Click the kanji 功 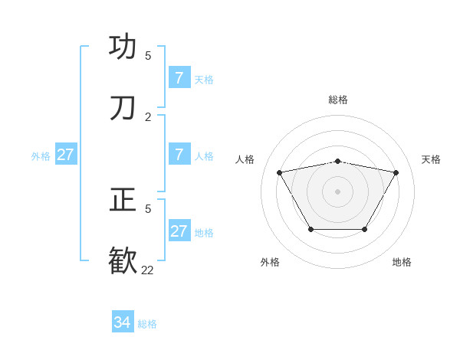123,47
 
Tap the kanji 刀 123,108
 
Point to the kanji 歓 123,260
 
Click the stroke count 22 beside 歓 147,270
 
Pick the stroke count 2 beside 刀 148,117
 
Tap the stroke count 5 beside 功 148,56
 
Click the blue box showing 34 123,322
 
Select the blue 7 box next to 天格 179,78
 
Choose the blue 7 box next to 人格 179,155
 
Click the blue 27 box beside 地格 179,231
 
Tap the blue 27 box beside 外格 65,155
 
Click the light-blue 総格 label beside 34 147,324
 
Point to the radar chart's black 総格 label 337,100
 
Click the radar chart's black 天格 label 431,159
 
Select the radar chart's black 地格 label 402,262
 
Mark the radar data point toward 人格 279,172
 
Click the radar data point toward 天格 396,172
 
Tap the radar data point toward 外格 310,229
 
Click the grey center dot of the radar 337,191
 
